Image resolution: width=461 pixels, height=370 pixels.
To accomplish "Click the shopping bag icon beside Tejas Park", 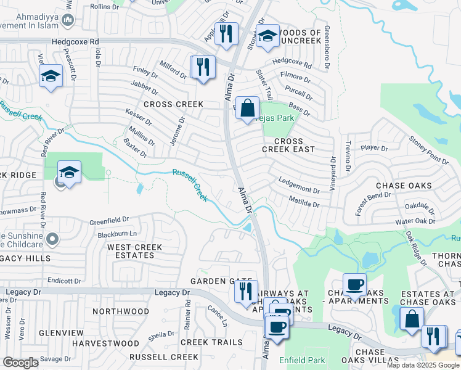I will (x=247, y=109).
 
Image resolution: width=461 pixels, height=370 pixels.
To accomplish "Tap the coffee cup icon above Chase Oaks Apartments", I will (x=354, y=285).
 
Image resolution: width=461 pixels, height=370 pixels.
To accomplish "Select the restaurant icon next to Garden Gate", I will (x=247, y=290).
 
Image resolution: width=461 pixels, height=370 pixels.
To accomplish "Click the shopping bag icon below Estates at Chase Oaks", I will (x=412, y=319).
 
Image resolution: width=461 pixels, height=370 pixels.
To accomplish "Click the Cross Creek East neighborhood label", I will (x=288, y=145).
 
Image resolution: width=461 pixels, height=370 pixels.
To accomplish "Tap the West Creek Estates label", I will (x=135, y=251).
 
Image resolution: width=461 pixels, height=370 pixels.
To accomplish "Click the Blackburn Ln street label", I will (x=116, y=234).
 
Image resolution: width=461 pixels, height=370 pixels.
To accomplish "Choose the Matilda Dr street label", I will (x=304, y=202).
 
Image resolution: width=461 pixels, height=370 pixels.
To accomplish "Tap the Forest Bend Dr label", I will (x=373, y=203).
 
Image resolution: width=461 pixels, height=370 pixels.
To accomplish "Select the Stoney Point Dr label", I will (x=429, y=151).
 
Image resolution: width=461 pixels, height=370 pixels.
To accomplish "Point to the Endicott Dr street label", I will (x=64, y=280).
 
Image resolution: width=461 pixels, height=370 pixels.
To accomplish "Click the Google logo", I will (x=20, y=363).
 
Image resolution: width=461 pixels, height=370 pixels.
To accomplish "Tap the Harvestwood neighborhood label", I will (x=105, y=343).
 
